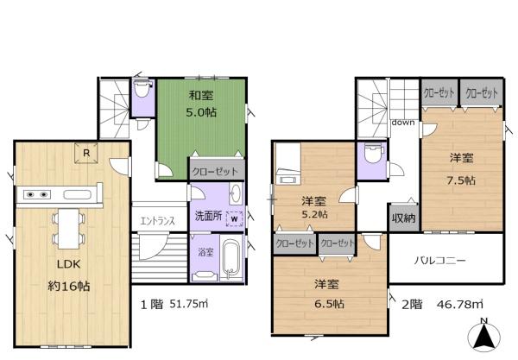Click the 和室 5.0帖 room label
click(201, 104)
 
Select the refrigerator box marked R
click(87, 153)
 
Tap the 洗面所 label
click(207, 216)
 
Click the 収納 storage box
click(403, 217)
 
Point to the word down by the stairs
click(401, 123)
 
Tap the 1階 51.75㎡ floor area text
click(173, 303)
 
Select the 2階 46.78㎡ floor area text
click(433, 303)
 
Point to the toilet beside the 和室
click(143, 91)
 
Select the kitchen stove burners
click(36, 193)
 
